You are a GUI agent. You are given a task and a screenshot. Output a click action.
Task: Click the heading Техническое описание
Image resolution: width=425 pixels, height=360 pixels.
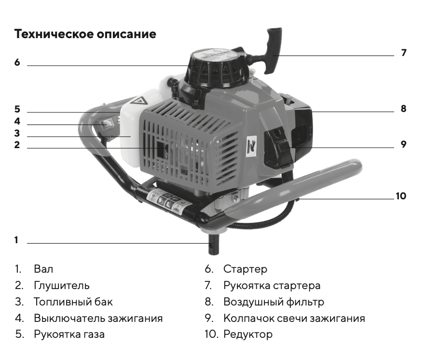(x=85, y=34)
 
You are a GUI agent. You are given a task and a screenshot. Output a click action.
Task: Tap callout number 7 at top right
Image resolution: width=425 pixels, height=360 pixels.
(x=404, y=53)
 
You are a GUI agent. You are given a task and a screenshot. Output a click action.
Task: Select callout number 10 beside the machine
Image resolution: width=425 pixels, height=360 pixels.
(x=401, y=196)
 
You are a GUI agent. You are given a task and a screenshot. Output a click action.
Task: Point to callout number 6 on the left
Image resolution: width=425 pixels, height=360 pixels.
(x=17, y=62)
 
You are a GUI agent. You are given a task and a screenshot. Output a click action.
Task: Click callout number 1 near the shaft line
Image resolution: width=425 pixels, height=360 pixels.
(x=16, y=240)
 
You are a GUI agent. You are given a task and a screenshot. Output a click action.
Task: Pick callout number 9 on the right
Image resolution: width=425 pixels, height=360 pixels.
(x=404, y=144)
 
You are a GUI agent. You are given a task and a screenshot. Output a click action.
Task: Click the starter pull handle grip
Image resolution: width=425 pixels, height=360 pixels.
(x=273, y=50)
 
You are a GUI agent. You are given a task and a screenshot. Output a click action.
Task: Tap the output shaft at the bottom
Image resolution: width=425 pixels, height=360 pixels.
(x=213, y=244)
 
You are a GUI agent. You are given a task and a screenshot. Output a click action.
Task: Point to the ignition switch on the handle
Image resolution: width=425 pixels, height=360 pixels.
(x=104, y=124)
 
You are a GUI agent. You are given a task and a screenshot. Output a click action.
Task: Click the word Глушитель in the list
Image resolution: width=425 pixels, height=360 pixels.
(x=62, y=286)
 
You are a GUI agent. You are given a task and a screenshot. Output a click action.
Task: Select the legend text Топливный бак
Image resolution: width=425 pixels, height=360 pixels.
(x=73, y=302)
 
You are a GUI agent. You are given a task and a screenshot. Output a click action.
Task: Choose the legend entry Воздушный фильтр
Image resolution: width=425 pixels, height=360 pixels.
(x=274, y=302)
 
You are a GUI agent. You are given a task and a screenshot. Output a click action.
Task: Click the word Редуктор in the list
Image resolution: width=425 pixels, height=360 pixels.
(x=248, y=334)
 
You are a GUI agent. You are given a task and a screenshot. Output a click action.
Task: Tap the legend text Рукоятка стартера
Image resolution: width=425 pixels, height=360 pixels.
(x=272, y=286)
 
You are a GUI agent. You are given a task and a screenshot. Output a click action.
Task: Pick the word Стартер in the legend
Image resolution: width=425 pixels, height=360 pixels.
(x=245, y=269)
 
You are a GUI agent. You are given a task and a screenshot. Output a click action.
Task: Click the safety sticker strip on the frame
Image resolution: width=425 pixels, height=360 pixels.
(x=168, y=203)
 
